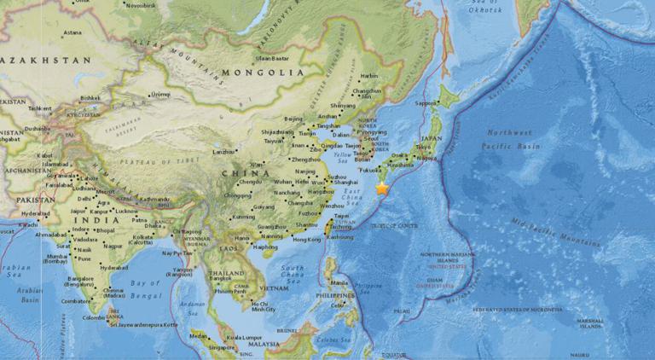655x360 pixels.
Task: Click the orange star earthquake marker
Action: pos(382,189)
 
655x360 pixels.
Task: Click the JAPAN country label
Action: pos(432,138)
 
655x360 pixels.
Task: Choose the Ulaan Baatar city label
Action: pos(272,58)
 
